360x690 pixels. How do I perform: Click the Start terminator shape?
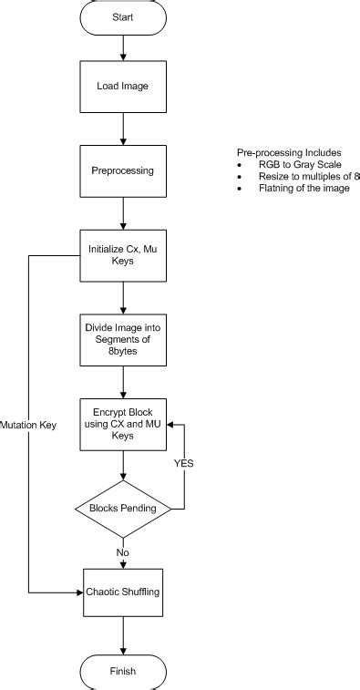click(x=123, y=17)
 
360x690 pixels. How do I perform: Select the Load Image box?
click(x=123, y=87)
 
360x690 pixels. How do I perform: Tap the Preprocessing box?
click(x=123, y=170)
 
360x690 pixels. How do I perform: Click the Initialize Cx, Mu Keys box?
click(x=123, y=254)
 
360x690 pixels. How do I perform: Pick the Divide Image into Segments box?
click(x=123, y=339)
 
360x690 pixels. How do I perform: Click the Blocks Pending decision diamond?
click(x=123, y=507)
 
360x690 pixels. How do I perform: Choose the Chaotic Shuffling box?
click(x=123, y=592)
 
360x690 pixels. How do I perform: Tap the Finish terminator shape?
click(x=123, y=672)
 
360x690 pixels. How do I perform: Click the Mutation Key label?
click(x=29, y=425)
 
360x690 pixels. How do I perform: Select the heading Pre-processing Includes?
click(x=288, y=152)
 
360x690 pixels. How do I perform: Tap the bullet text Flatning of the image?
click(x=303, y=188)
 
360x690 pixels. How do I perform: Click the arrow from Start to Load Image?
click(x=123, y=46)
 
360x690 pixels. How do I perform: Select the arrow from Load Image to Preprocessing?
click(x=123, y=129)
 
